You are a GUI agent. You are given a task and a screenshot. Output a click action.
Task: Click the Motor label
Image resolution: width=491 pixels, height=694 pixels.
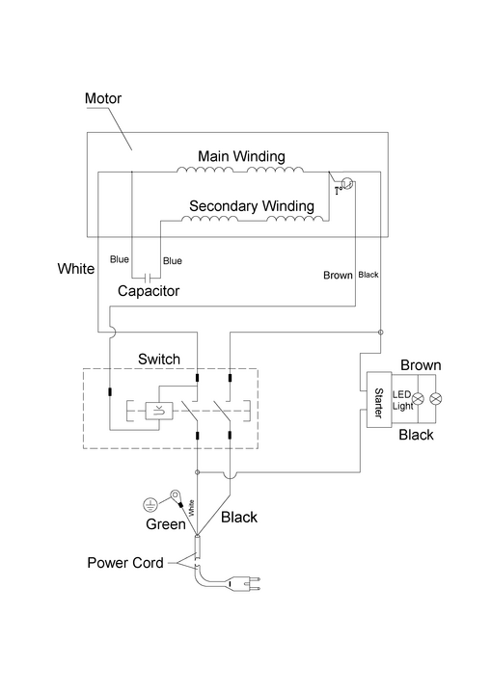103,97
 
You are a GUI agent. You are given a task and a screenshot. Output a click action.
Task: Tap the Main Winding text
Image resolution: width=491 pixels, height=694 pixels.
241,156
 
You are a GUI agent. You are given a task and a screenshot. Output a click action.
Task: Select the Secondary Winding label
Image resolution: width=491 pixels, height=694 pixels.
252,206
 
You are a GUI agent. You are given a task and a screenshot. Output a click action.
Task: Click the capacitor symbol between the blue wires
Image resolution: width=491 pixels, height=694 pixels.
150,278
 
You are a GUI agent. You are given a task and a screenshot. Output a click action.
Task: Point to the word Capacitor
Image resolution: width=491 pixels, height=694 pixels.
149,291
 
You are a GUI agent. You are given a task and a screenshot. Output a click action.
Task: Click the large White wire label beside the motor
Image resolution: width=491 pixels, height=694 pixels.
76,269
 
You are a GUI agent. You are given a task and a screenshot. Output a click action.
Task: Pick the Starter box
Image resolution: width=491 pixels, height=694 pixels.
379,400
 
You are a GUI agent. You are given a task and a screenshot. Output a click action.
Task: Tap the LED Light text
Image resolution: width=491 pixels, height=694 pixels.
403,400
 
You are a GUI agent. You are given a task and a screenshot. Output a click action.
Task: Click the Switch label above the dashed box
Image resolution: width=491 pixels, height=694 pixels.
159,359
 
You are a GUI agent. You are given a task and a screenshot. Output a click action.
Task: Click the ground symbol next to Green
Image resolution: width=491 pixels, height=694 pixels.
150,504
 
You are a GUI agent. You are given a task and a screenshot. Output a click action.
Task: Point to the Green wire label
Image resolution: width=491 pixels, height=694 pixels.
166,524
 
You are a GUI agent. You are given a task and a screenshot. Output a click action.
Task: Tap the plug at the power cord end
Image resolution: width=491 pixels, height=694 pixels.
244,584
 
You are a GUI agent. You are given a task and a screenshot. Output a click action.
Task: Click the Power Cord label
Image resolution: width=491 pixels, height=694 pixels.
125,563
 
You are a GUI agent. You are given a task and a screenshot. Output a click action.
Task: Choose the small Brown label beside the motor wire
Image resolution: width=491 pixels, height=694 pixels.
339,276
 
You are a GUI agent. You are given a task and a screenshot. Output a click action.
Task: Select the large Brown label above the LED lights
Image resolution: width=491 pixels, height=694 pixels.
421,365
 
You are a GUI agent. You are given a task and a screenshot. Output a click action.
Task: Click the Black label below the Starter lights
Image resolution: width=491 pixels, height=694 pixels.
416,435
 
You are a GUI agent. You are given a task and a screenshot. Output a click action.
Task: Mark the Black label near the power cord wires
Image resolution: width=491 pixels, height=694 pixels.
239,517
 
